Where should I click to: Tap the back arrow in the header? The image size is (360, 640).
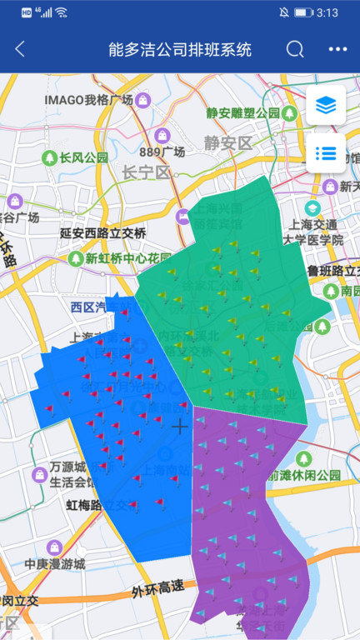20,49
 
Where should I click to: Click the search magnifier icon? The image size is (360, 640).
295,49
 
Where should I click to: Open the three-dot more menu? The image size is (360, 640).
337,49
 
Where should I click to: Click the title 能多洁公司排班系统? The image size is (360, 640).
180,49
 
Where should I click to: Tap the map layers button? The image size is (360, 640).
325,106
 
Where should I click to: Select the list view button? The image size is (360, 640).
325,153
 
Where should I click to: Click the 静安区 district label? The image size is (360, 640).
228,143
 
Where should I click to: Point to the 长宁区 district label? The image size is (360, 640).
146,172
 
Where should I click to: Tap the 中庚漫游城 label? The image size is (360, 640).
55,563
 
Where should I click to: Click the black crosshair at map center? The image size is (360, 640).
180,427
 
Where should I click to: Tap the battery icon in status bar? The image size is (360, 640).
303,12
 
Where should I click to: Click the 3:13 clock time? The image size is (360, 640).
327,12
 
